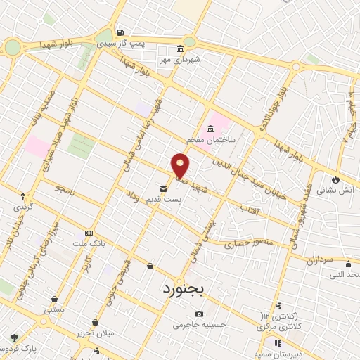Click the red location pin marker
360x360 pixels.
tap(181, 165)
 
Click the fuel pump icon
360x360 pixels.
tap(121, 32)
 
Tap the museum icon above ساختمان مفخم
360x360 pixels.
tap(210, 129)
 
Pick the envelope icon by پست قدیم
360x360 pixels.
tap(163, 188)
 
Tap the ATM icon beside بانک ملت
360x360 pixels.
tap(88, 233)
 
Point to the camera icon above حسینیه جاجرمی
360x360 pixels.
tap(200, 314)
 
